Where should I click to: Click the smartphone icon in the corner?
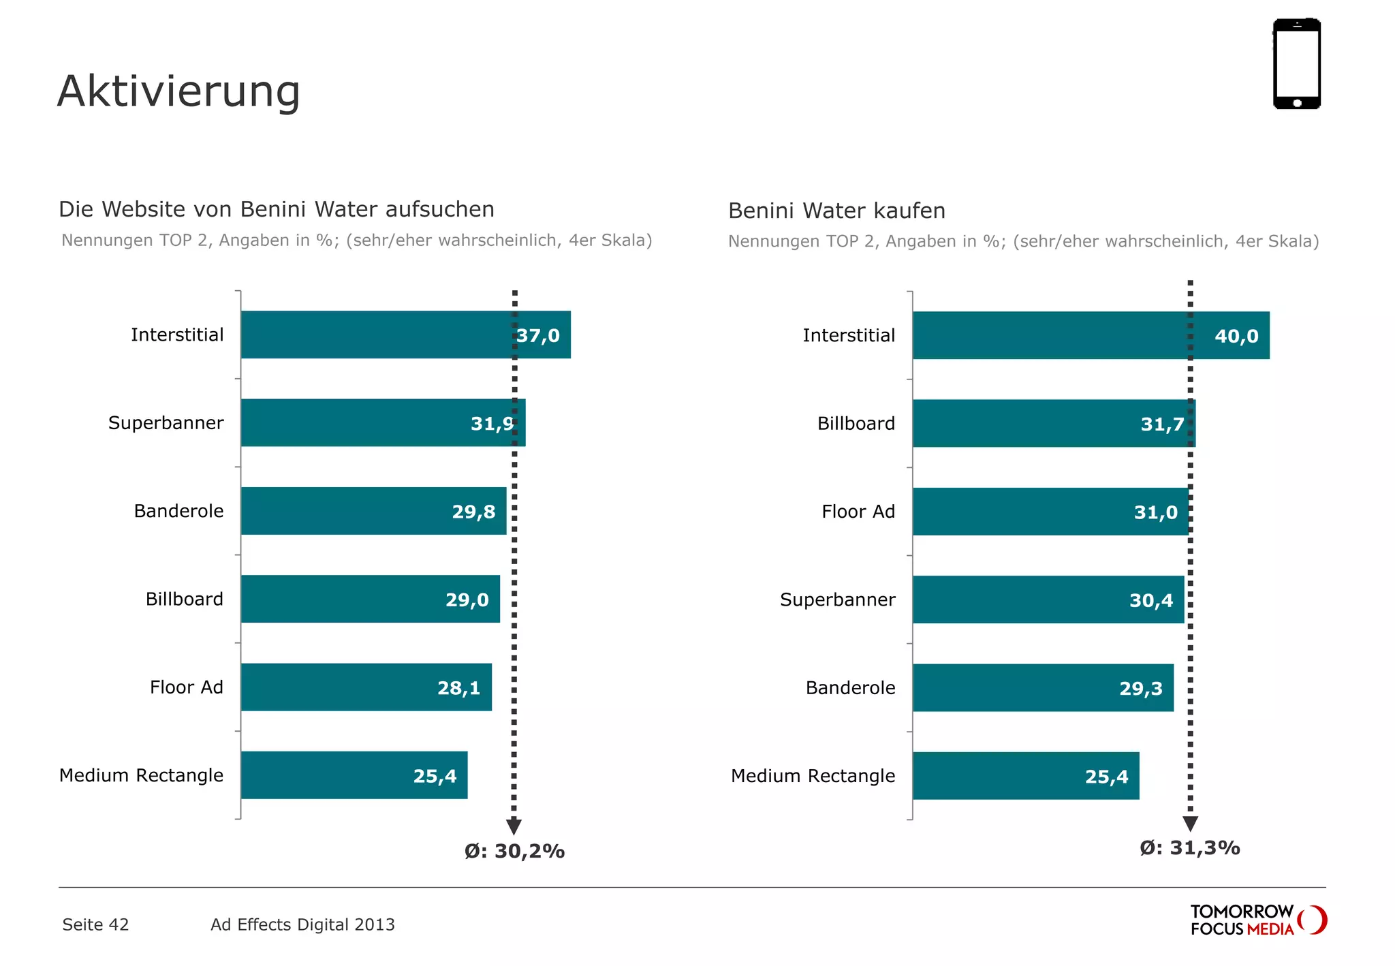click(1296, 63)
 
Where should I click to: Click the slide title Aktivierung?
click(178, 91)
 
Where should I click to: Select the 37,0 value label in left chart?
click(538, 335)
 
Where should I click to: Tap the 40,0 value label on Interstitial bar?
click(1236, 336)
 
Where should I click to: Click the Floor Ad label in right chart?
click(858, 512)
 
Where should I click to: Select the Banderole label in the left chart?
click(178, 511)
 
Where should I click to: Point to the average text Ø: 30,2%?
click(514, 851)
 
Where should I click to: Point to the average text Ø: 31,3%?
click(1189, 847)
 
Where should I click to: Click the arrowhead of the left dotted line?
click(514, 826)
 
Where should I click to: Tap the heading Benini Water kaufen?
click(836, 211)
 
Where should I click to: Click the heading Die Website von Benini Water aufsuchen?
click(276, 209)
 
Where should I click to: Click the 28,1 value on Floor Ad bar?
click(458, 688)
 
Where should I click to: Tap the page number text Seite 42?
click(95, 924)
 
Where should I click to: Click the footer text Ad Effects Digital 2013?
click(302, 924)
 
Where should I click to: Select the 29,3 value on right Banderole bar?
click(1141, 688)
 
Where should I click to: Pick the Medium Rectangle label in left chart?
click(141, 775)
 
